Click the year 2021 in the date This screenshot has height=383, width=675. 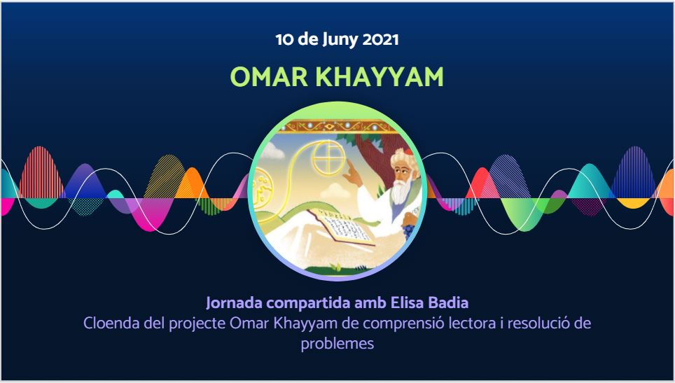380,40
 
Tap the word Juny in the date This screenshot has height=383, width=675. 340,41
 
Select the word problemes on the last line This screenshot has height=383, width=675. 337,344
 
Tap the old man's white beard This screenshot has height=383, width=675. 400,192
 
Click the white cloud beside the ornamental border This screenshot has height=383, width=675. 273,150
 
